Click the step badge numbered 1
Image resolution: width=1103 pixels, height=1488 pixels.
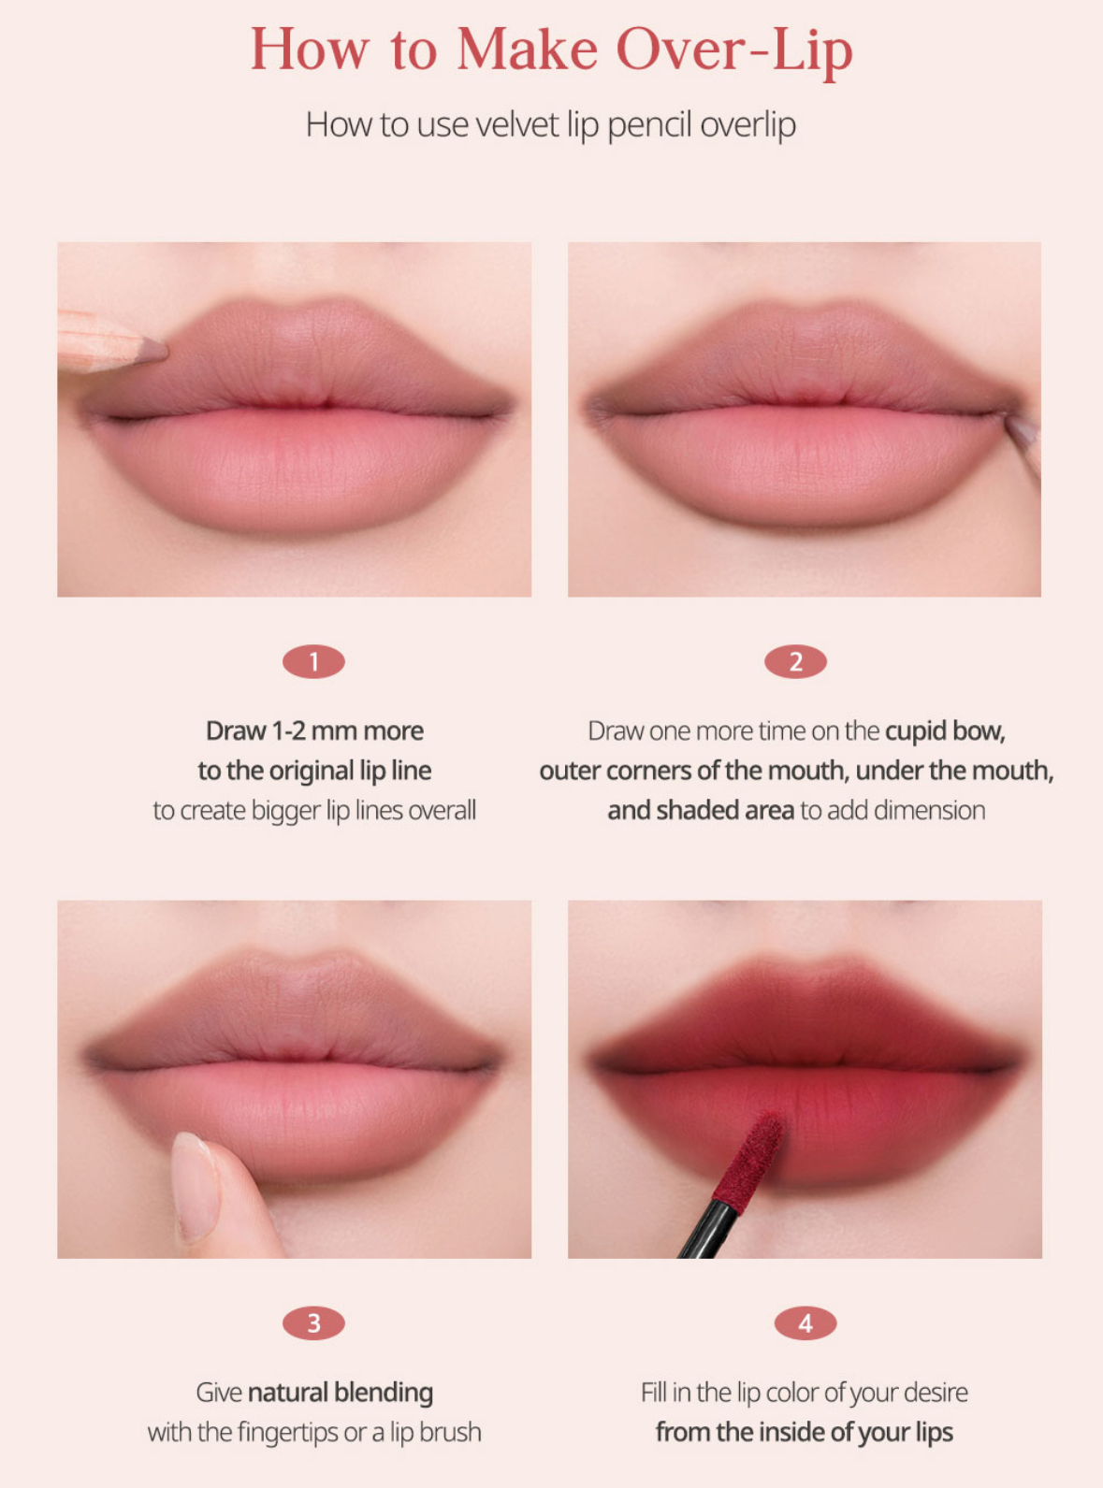point(313,662)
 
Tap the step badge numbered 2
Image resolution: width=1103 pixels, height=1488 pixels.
point(795,662)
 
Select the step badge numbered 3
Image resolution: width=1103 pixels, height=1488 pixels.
point(313,1323)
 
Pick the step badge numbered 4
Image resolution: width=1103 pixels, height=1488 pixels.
point(805,1323)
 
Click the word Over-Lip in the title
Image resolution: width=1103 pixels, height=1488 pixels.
point(734,51)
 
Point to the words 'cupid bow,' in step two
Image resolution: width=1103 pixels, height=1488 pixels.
point(945,731)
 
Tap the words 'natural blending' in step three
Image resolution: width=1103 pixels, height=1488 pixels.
point(341,1393)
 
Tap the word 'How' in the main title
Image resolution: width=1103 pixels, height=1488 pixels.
point(310,50)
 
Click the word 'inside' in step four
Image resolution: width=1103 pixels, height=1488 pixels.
point(789,1432)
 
